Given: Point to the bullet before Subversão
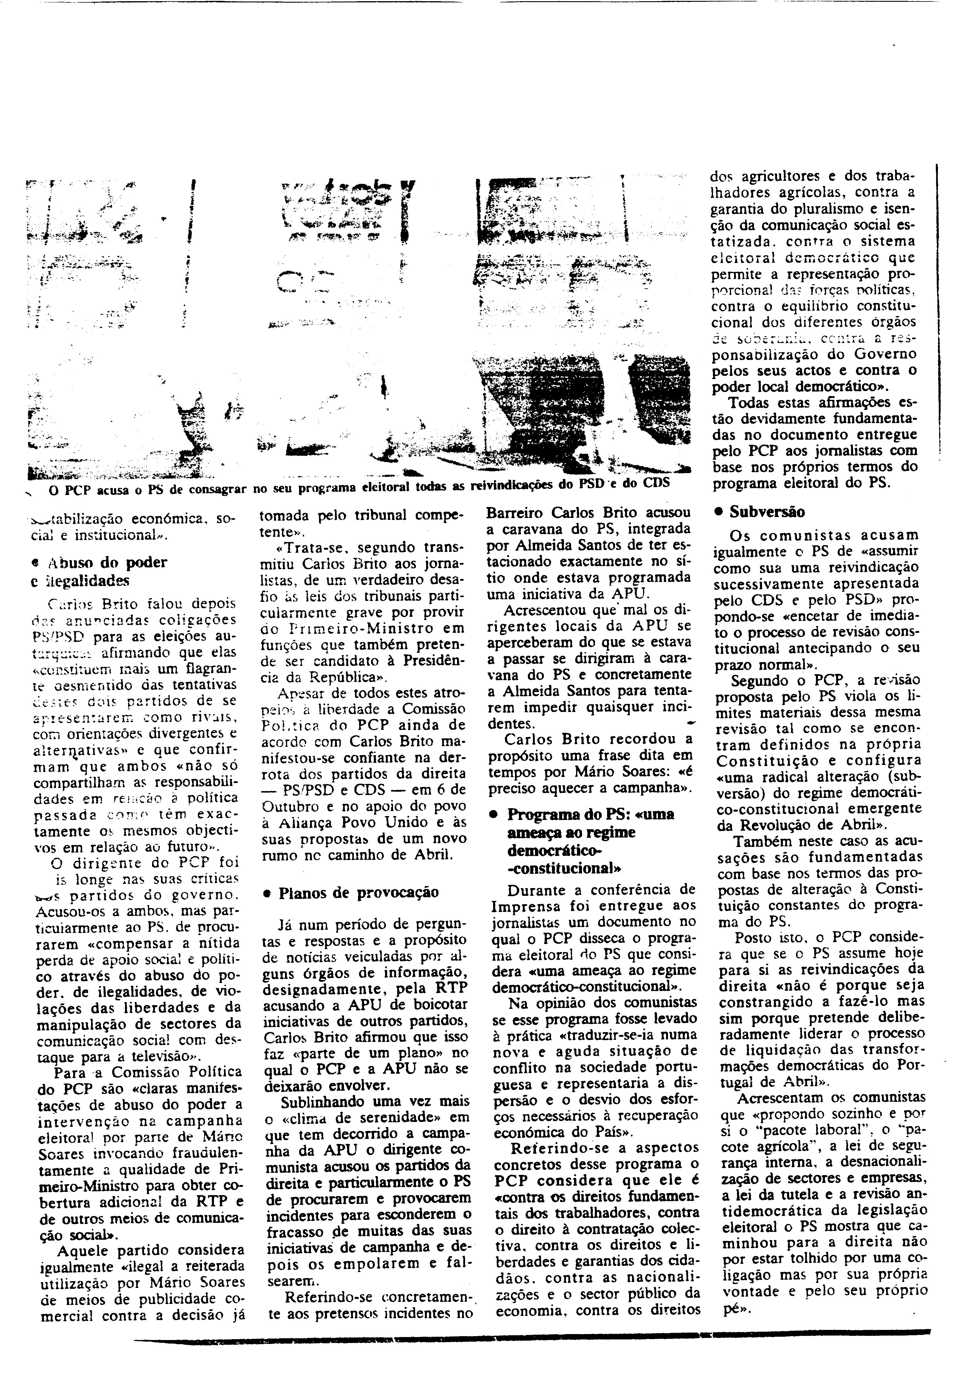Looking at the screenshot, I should point(719,511).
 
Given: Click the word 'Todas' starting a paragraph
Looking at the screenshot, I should point(748,402).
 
